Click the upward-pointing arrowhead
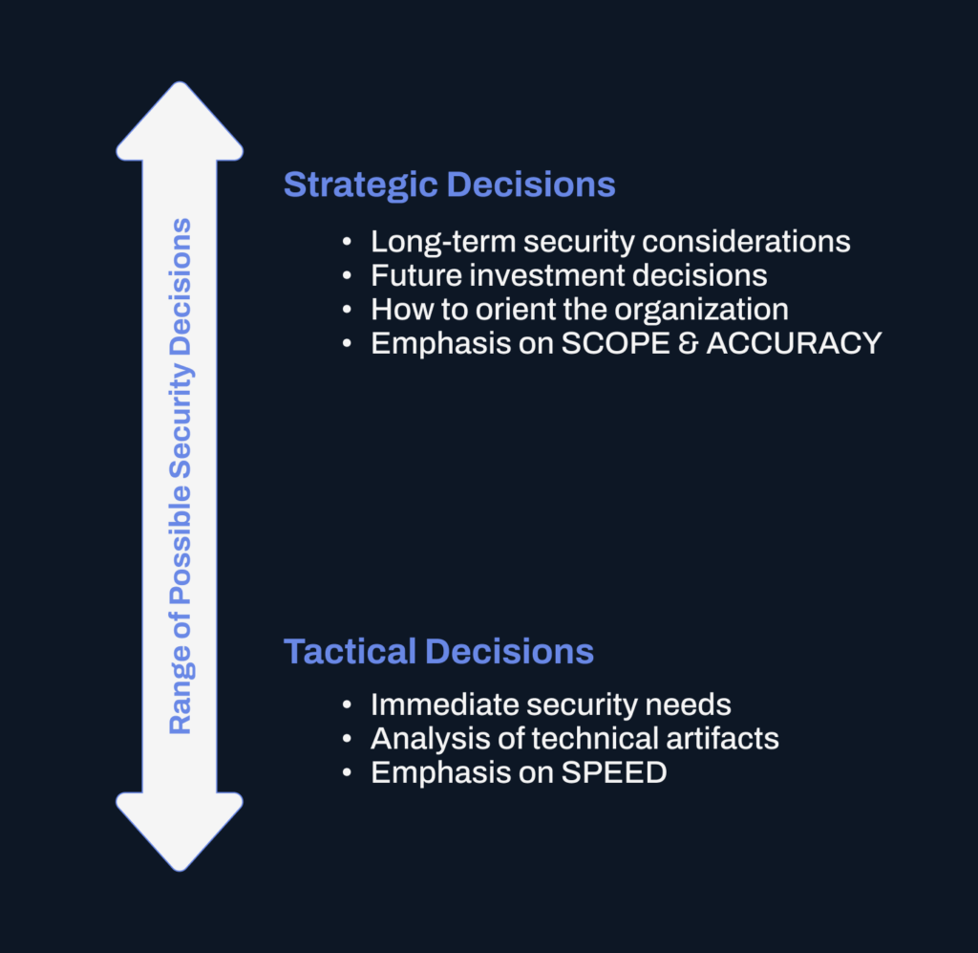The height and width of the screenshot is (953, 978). coord(180,124)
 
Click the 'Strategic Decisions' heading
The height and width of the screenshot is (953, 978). coord(449,184)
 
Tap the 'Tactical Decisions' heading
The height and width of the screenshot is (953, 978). coord(438,652)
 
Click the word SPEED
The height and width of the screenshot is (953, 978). coord(614,772)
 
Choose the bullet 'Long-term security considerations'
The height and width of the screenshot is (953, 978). coord(610,241)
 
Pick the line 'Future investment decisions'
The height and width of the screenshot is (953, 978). coord(568,275)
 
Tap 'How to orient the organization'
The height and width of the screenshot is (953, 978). coord(580,310)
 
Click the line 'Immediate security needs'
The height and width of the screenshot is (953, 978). coord(551,704)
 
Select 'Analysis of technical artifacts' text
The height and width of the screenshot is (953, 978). coord(575,738)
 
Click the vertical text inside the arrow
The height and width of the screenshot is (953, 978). coord(180,476)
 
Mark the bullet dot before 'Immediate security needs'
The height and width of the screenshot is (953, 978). coord(348,706)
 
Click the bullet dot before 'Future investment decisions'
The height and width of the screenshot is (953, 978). coord(348,276)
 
